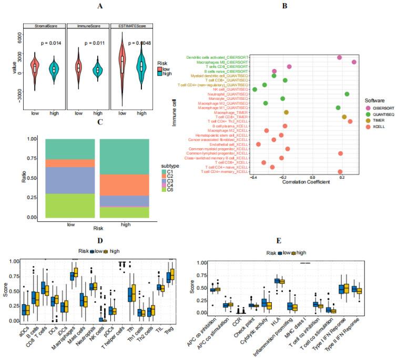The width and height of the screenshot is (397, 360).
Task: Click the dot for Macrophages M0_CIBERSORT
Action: point(354,62)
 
